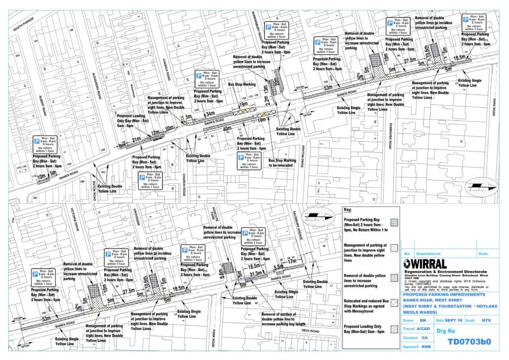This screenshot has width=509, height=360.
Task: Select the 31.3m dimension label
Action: (x=258, y=273)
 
